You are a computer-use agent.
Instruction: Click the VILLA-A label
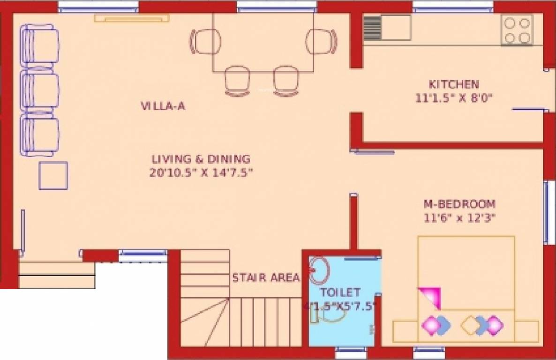(163, 106)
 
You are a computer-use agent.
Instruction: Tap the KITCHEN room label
(454, 85)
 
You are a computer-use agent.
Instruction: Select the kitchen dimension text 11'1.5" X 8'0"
(455, 98)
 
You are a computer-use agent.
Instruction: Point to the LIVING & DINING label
(201, 159)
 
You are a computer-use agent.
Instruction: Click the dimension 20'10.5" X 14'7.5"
(202, 172)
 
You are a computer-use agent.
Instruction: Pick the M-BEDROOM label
(459, 204)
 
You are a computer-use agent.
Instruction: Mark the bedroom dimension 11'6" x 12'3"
(459, 217)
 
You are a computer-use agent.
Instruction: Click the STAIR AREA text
(266, 278)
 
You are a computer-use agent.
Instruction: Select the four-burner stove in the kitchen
(517, 30)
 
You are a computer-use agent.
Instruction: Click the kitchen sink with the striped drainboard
(387, 27)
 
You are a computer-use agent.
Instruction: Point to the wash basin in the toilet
(320, 270)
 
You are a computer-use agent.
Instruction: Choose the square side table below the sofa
(53, 175)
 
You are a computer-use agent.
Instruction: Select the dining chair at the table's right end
(322, 42)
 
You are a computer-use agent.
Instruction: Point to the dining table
(263, 42)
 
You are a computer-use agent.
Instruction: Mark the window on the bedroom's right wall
(547, 212)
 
